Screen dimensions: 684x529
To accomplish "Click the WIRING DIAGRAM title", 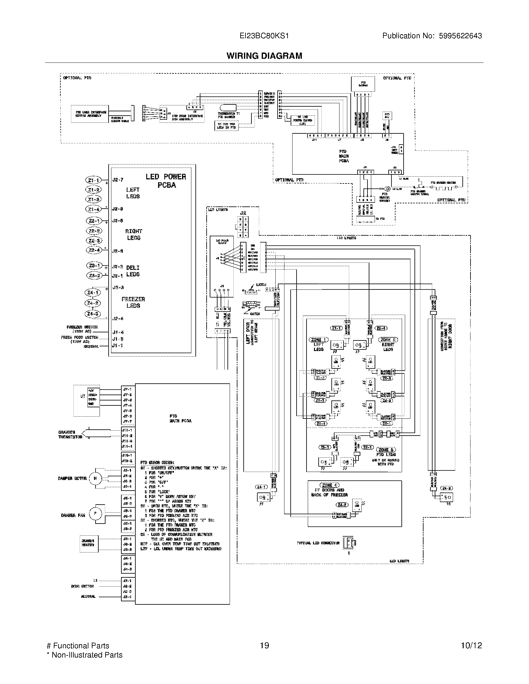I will pos(264,56).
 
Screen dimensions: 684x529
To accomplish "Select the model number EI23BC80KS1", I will pos(264,36).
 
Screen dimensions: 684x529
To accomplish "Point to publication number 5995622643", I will pos(460,36).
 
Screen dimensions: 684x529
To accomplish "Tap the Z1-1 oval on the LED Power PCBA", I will pos(93,180).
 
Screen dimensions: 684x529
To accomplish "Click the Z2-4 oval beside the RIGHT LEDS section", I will pos(94,250).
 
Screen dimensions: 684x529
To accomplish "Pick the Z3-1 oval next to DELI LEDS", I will pos(94,266).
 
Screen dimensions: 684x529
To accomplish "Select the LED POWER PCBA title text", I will pos(166,181).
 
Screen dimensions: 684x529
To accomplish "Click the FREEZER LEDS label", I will pos(133,302).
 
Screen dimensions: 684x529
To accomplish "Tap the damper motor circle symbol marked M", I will pos(95,478).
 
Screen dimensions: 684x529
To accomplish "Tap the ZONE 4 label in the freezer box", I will pos(329,485).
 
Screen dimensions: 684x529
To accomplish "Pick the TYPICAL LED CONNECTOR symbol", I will pos(348,543).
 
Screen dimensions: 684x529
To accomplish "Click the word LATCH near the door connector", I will pos(261,284).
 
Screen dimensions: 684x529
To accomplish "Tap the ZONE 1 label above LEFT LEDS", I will pos(319,340).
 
